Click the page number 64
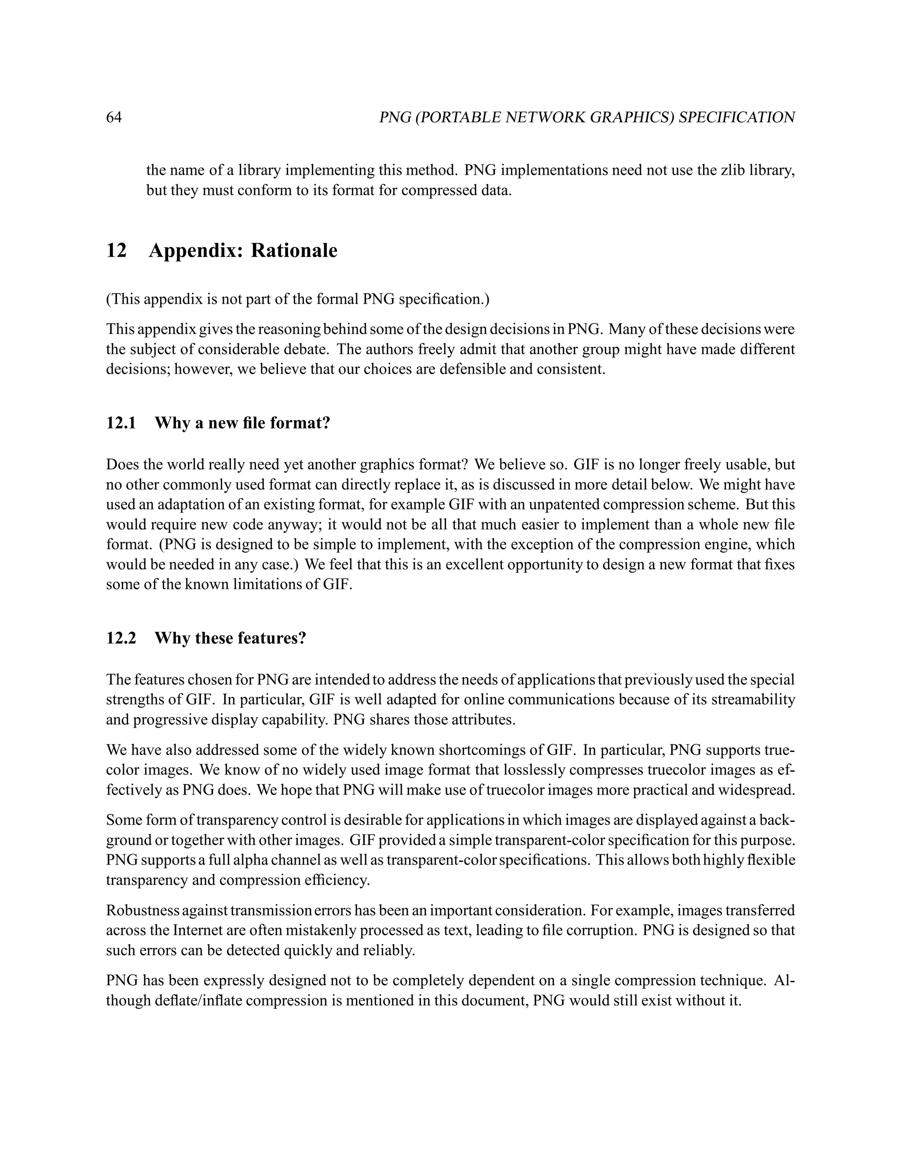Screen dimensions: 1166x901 pyautogui.click(x=114, y=117)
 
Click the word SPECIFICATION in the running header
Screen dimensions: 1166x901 pyautogui.click(x=736, y=117)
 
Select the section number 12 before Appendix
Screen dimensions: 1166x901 pyautogui.click(x=116, y=250)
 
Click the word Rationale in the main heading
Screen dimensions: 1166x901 pyautogui.click(x=294, y=250)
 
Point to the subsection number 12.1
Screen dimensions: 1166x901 pyautogui.click(x=121, y=423)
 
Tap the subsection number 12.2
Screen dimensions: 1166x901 pyautogui.click(x=121, y=638)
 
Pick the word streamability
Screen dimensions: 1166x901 pyautogui.click(x=753, y=700)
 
